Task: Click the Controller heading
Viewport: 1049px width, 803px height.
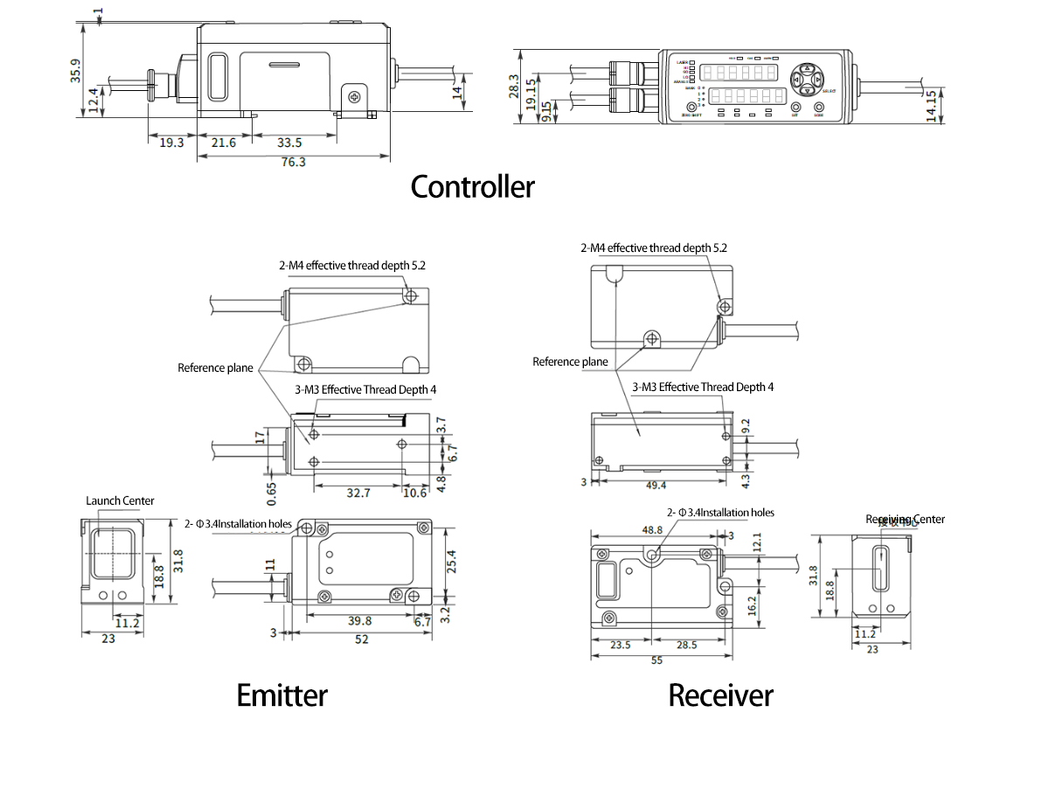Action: [x=472, y=186]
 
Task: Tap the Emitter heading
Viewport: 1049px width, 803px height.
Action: [x=281, y=695]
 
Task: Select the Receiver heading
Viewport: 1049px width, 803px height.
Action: [x=720, y=695]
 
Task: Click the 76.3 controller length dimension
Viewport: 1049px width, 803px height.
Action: [x=293, y=162]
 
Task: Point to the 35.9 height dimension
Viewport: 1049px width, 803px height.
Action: [x=75, y=70]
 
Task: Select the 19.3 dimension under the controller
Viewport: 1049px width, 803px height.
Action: [x=171, y=143]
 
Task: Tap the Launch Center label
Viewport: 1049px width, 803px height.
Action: [x=120, y=501]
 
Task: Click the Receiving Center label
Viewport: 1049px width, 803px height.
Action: [x=906, y=520]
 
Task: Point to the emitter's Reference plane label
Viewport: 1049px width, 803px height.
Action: [x=215, y=368]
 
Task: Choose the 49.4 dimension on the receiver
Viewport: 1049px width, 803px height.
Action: [x=655, y=485]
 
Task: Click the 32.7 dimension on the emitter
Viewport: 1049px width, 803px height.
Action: [x=358, y=493]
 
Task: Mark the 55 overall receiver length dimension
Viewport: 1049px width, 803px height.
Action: [x=657, y=661]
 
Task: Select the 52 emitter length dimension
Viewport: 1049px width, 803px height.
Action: [x=361, y=639]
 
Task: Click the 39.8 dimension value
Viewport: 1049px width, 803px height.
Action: [x=359, y=620]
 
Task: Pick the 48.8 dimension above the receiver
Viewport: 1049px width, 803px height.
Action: [x=652, y=530]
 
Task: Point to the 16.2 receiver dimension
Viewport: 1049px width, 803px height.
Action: [x=753, y=606]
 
